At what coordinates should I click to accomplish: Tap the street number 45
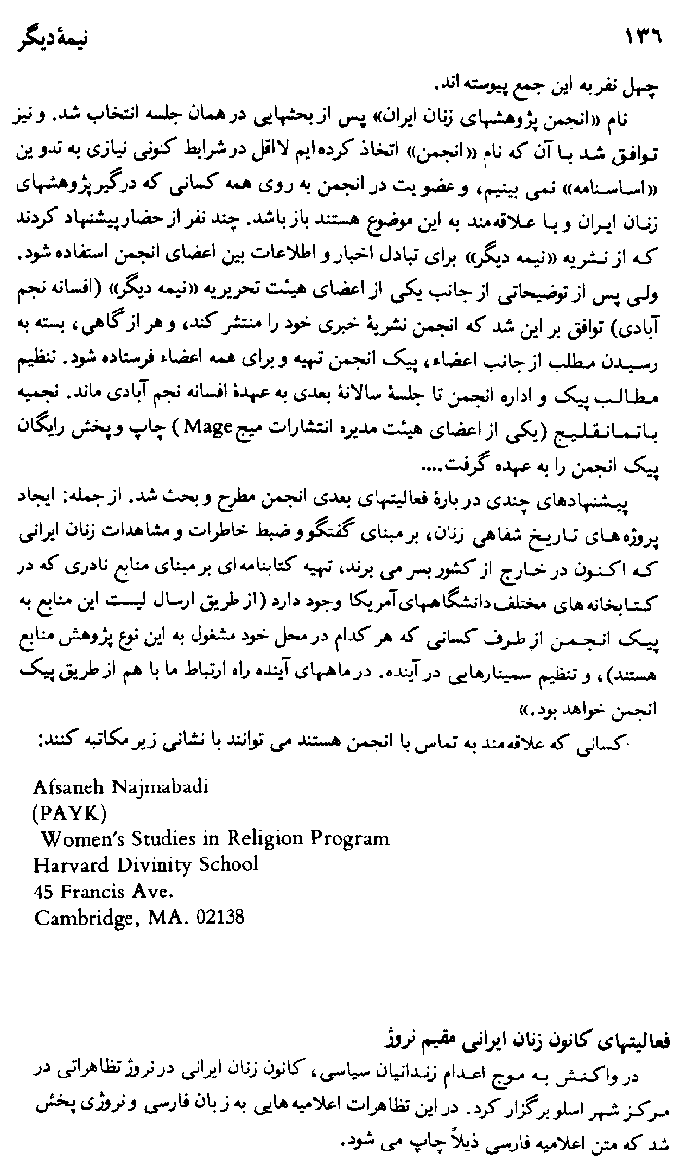tap(44, 891)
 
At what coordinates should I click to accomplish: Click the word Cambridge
tap(78, 917)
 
